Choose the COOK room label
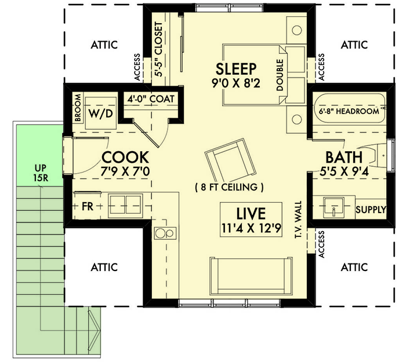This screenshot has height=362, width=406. [125, 158]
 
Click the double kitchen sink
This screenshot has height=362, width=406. [125, 206]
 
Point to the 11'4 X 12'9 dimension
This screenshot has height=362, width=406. [250, 228]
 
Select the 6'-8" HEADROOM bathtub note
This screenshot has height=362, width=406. [349, 111]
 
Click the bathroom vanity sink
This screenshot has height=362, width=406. [333, 205]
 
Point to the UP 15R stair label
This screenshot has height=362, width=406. [40, 173]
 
